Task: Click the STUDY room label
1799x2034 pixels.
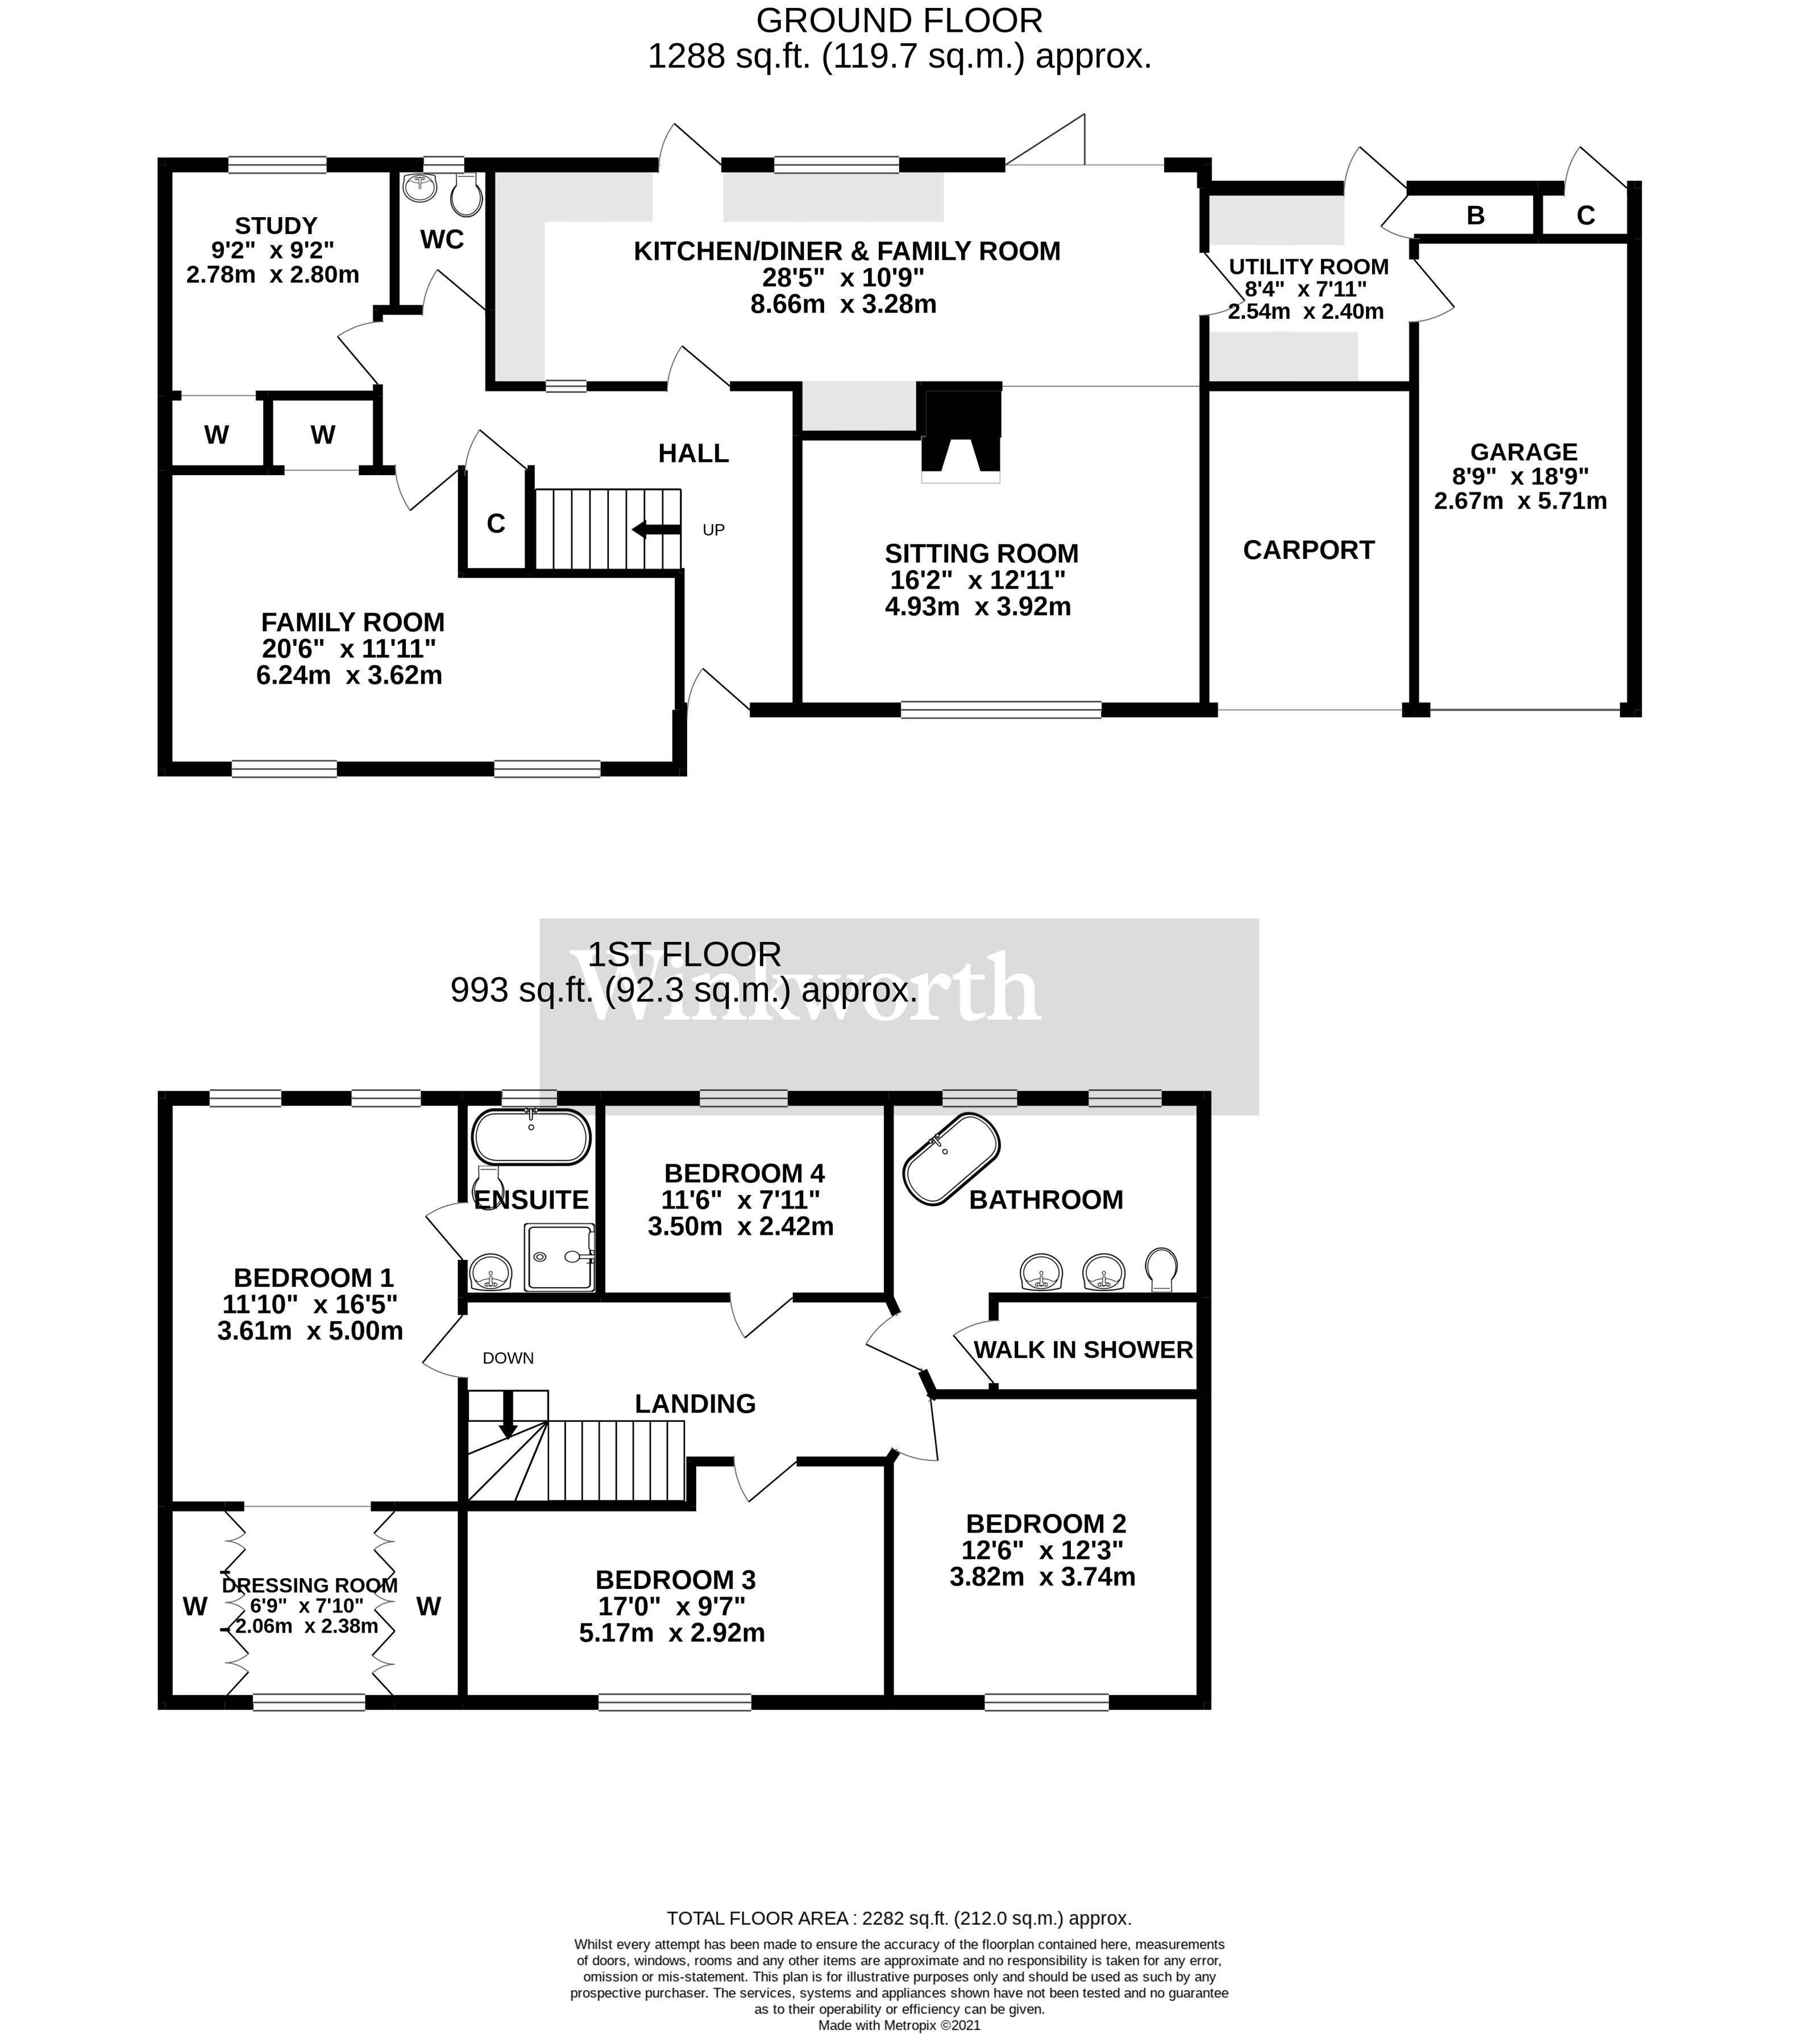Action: (276, 226)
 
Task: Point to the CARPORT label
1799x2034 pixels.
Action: (1307, 550)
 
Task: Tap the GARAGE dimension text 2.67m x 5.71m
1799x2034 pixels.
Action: (1519, 500)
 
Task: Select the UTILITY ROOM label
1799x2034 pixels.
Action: (1307, 267)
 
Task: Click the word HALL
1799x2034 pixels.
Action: (693, 454)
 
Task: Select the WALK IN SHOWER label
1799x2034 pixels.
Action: (1083, 1350)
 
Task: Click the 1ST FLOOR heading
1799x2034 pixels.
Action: (684, 954)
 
